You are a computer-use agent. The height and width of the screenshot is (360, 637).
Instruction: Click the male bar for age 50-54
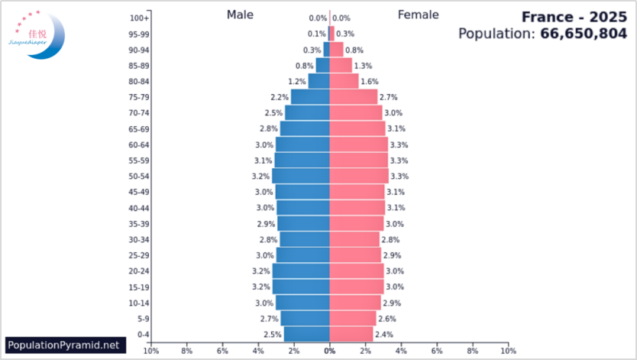[x=301, y=176]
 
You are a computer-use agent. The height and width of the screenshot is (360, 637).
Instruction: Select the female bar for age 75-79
[x=353, y=97]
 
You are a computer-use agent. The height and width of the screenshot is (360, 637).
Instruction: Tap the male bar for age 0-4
[x=307, y=334]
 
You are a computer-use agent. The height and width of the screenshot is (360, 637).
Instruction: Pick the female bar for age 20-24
[x=356, y=271]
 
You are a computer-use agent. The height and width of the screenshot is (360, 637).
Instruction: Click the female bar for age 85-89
[x=341, y=66]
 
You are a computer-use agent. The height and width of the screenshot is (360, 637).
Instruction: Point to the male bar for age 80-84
[x=319, y=81]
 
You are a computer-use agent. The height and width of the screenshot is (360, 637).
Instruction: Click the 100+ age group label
[x=139, y=18]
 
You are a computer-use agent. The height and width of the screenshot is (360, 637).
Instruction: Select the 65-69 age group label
[x=138, y=129]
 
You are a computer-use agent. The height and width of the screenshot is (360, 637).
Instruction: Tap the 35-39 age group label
[x=138, y=224]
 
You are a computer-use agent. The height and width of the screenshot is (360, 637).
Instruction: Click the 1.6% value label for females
[x=370, y=82]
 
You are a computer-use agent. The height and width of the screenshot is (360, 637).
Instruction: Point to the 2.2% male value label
[x=280, y=97]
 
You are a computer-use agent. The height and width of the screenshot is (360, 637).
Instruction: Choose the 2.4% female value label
[x=384, y=334]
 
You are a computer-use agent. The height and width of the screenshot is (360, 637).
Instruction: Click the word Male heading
[x=241, y=15]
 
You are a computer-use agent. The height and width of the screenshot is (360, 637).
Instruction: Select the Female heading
[x=418, y=15]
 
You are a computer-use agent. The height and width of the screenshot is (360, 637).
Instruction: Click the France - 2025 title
[x=574, y=16]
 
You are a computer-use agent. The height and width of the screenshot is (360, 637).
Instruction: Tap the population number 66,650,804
[x=584, y=34]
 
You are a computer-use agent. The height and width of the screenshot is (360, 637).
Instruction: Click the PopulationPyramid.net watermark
[x=63, y=345]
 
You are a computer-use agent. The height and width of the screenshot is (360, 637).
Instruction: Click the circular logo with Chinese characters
[x=37, y=34]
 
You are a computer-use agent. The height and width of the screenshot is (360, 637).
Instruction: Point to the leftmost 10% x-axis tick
[x=151, y=351]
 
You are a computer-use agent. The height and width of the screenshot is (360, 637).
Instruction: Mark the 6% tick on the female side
[x=437, y=351]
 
